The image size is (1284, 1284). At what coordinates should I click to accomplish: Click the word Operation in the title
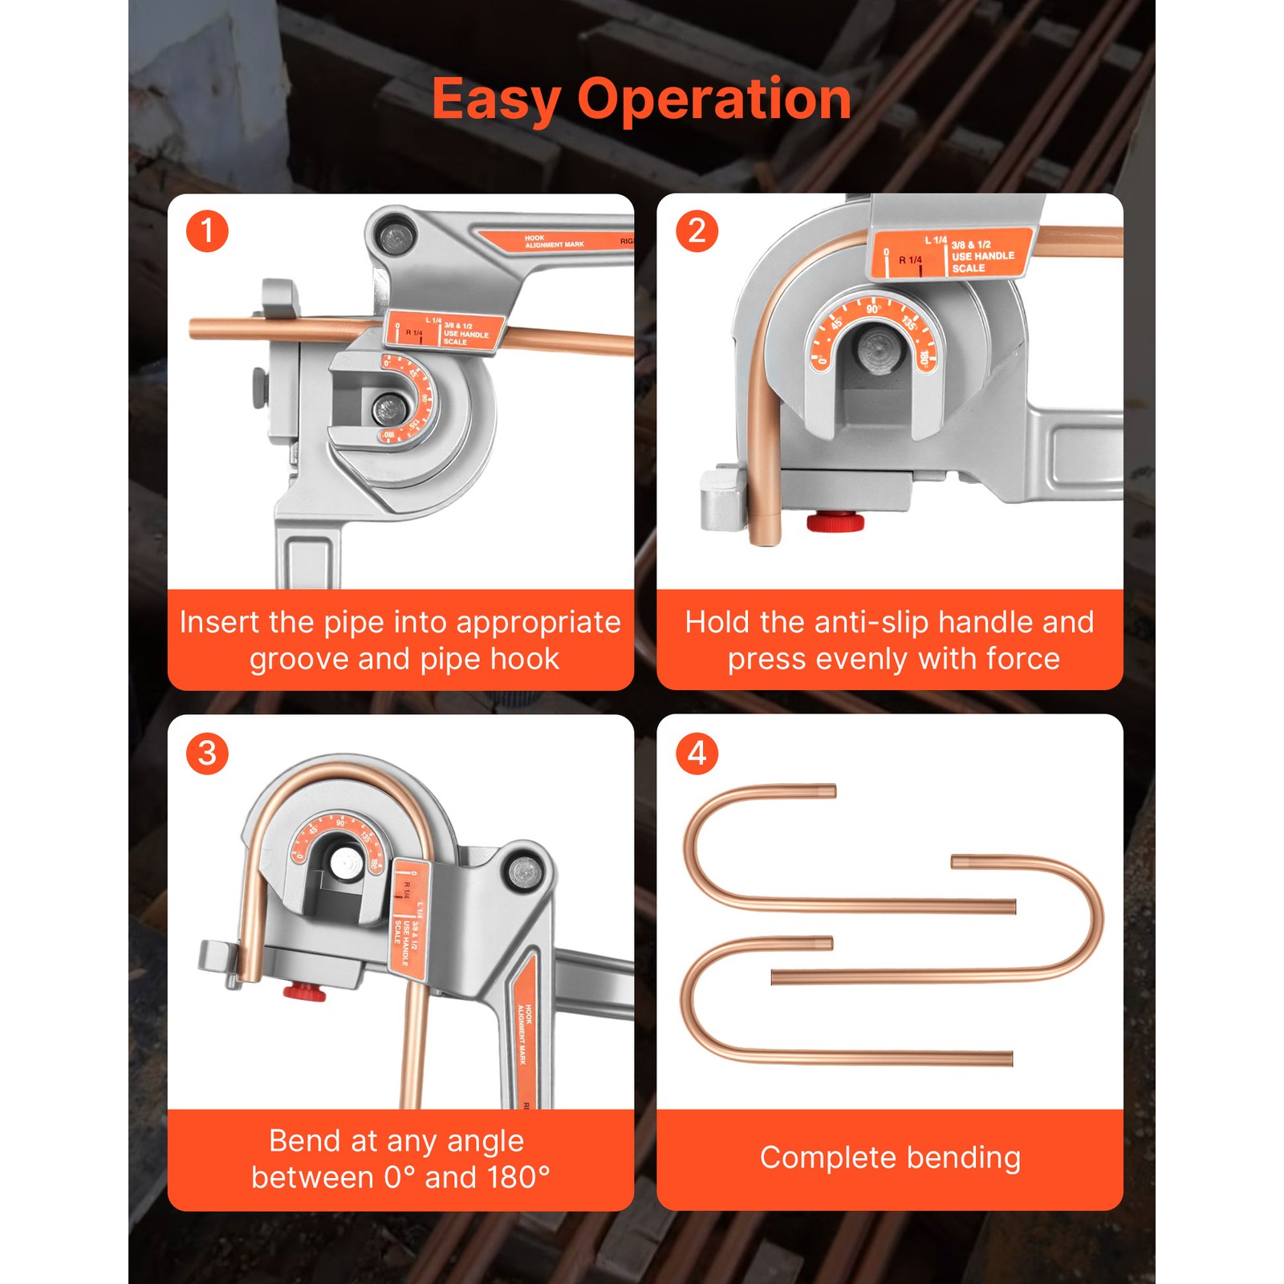click(x=713, y=100)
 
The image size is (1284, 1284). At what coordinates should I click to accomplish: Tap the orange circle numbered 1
click(x=207, y=231)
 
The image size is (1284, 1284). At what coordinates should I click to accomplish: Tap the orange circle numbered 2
click(x=697, y=231)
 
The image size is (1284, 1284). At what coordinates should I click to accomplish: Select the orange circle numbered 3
click(x=207, y=753)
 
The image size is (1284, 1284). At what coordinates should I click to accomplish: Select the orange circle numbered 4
click(x=697, y=753)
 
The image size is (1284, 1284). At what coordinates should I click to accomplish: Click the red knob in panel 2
click(x=835, y=522)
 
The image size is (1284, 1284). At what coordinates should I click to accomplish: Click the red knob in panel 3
click(x=304, y=992)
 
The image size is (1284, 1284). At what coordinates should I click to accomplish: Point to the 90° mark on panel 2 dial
click(x=873, y=309)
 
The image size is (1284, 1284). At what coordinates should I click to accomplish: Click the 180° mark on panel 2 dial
click(x=924, y=358)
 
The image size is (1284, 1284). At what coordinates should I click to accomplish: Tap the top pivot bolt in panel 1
click(x=394, y=238)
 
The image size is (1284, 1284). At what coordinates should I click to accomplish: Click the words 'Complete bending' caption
click(x=889, y=1158)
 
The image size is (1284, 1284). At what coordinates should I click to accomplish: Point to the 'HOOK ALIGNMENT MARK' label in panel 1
click(x=554, y=242)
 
